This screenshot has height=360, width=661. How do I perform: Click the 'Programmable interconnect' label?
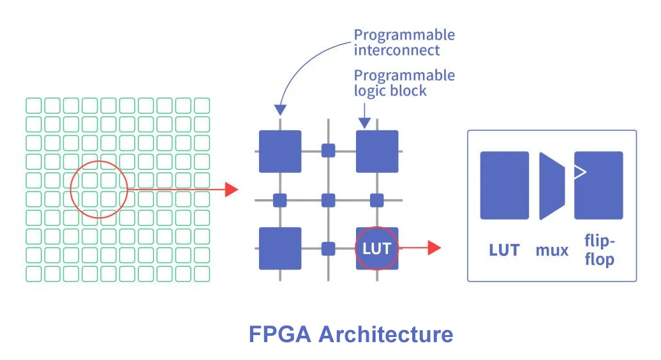click(405, 42)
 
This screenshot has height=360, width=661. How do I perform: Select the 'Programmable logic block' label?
click(405, 83)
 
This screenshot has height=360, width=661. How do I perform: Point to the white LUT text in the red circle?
click(376, 248)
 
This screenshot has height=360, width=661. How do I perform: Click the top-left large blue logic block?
click(280, 151)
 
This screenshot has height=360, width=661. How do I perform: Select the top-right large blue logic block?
click(377, 151)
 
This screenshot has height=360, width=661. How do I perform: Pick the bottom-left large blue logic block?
click(280, 248)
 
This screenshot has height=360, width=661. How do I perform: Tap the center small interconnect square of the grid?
click(329, 200)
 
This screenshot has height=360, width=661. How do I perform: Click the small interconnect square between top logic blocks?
click(329, 151)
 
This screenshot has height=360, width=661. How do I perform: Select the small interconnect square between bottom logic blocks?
click(329, 248)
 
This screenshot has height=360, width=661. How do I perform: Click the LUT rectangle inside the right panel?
click(504, 185)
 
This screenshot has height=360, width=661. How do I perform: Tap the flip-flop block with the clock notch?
click(598, 185)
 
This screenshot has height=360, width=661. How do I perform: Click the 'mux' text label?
click(552, 250)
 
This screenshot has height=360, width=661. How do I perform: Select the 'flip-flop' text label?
click(599, 250)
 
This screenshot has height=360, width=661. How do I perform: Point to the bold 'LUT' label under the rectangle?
click(504, 250)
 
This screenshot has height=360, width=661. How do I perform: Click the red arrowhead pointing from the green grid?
click(232, 189)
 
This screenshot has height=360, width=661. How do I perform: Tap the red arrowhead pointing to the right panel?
click(434, 248)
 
